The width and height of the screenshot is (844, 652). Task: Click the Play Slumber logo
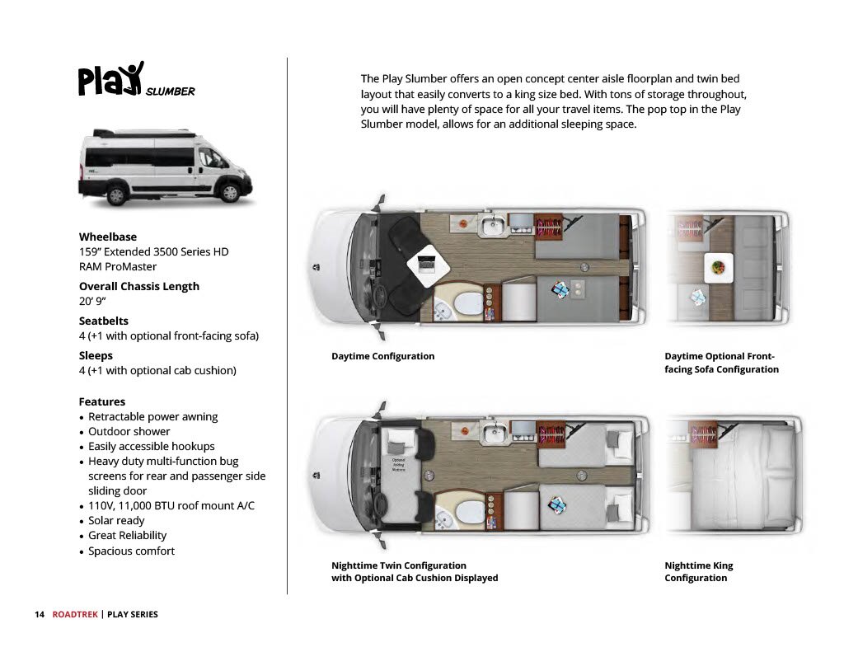pyautogui.click(x=136, y=81)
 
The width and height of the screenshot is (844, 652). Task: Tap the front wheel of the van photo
pyautogui.click(x=230, y=193)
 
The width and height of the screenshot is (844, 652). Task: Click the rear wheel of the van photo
pyautogui.click(x=117, y=195)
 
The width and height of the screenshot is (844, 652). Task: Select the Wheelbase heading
pyautogui.click(x=108, y=237)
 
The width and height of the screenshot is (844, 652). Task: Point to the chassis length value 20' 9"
pyautogui.click(x=91, y=302)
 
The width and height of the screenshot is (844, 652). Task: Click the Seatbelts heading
pyautogui.click(x=104, y=321)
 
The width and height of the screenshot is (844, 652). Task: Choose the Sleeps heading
pyautogui.click(x=96, y=355)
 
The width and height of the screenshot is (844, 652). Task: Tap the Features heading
pyautogui.click(x=102, y=401)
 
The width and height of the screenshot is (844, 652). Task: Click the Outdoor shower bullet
pyautogui.click(x=129, y=431)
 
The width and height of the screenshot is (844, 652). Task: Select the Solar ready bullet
pyautogui.click(x=116, y=520)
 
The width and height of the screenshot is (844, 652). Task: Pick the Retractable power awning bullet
pyautogui.click(x=152, y=416)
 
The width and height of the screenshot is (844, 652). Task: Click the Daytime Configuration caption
pyautogui.click(x=382, y=356)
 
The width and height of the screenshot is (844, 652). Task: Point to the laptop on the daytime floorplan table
pyautogui.click(x=428, y=265)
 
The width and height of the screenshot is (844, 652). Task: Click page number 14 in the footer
pyautogui.click(x=39, y=614)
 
